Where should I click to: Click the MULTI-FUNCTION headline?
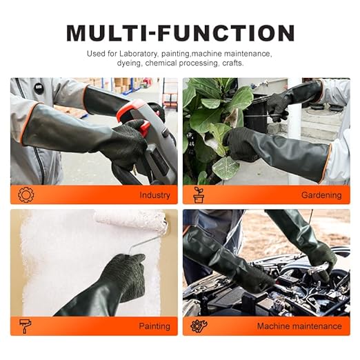click(x=180, y=32)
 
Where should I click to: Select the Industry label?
click(x=154, y=195)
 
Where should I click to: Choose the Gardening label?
click(x=321, y=195)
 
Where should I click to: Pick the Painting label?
click(x=154, y=326)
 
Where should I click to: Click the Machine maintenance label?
click(x=299, y=326)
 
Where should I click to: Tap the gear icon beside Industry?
click(x=26, y=195)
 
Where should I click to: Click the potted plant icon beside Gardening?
click(x=199, y=195)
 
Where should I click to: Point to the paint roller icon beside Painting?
click(x=26, y=326)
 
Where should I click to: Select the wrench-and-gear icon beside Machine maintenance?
click(x=199, y=326)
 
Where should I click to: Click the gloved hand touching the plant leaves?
click(x=241, y=141)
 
